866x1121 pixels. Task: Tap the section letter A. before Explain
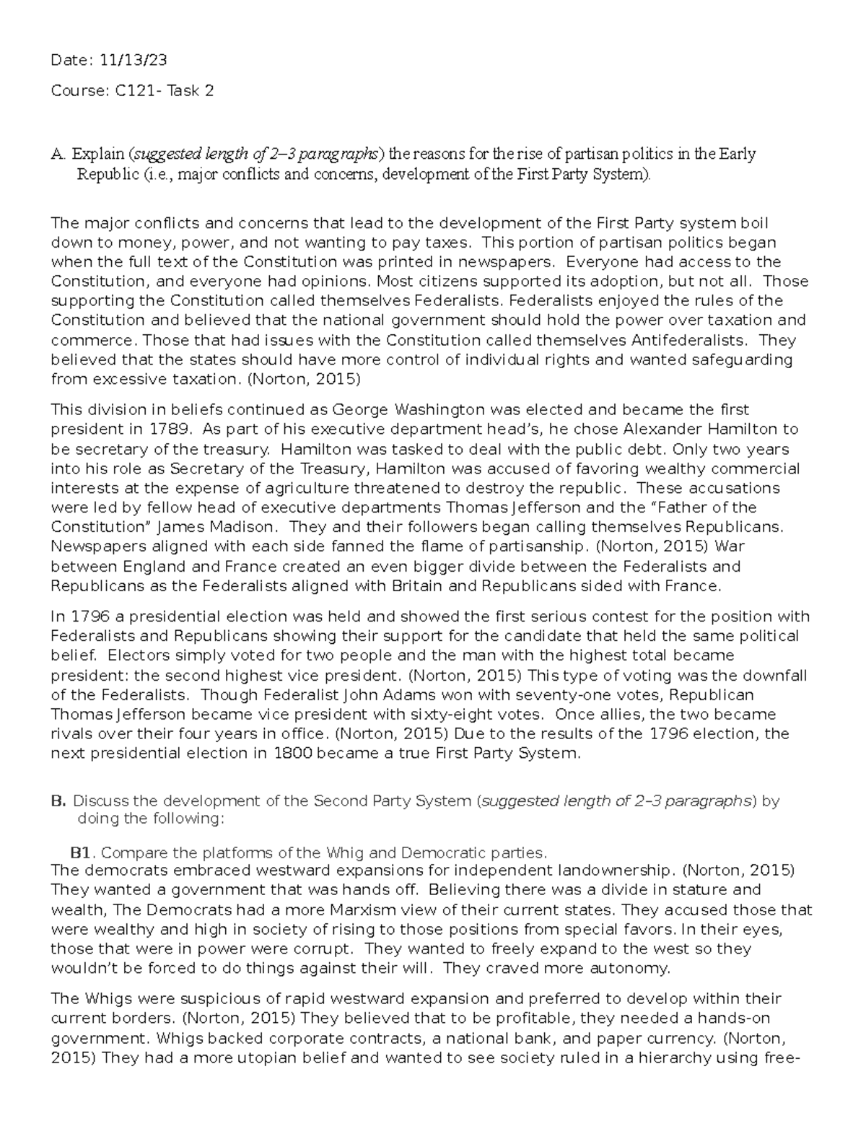coord(58,154)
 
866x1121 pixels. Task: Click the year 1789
coord(166,429)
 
